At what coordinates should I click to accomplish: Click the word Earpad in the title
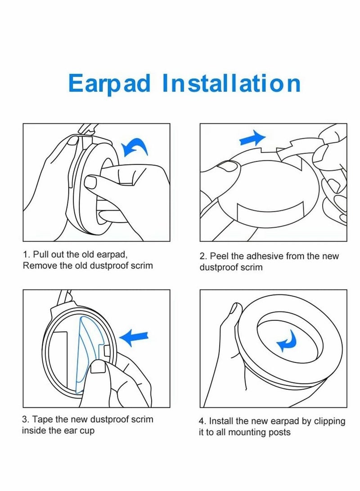(109, 83)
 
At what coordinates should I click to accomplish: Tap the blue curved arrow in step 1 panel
(135, 147)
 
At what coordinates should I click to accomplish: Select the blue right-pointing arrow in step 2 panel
(252, 139)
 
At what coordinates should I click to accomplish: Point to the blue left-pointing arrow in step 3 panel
(134, 338)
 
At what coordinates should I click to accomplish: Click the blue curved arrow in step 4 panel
(287, 341)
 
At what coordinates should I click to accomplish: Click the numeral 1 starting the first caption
(25, 254)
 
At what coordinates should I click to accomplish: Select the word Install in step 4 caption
(221, 421)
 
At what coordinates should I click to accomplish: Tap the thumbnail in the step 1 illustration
(91, 182)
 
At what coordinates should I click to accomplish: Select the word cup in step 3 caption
(87, 431)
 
